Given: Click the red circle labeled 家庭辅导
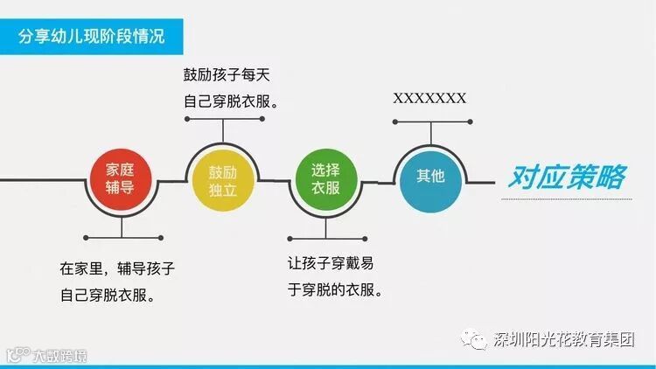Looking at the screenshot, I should [121, 182].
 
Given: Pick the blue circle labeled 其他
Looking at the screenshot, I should [429, 176].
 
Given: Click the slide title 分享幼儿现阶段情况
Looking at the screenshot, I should [91, 38].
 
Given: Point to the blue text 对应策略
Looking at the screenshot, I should [566, 178].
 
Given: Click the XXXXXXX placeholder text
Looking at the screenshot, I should [429, 97].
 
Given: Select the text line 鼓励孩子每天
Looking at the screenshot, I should [229, 75].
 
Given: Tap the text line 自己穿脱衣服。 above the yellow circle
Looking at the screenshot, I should [231, 101].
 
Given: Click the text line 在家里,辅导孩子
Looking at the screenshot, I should [123, 268].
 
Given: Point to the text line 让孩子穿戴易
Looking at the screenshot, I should [336, 263].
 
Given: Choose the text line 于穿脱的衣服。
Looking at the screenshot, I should [336, 289].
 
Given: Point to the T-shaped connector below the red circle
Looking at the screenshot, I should [121, 229].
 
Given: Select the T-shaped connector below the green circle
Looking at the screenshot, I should [325, 228].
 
